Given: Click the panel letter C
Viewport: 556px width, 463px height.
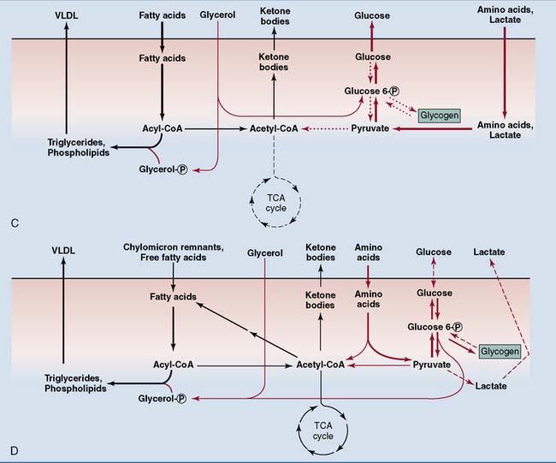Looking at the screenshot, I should coord(16,223).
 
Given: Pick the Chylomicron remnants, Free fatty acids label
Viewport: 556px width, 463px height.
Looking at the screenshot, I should coord(174,254).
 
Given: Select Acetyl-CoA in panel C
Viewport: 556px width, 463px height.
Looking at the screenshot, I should coord(272,128).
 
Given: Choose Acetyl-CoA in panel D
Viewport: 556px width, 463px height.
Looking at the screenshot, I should coord(320,364).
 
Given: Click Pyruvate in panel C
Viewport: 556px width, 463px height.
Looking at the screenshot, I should coord(370,128).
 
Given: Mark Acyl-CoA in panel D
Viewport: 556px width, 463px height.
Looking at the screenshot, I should coord(174,364).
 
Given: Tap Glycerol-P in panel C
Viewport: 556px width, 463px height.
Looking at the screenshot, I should coord(163,169).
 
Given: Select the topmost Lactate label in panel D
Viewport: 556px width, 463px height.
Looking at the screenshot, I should coord(489,254).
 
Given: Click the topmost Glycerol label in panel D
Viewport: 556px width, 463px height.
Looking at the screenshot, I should coord(263,254).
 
